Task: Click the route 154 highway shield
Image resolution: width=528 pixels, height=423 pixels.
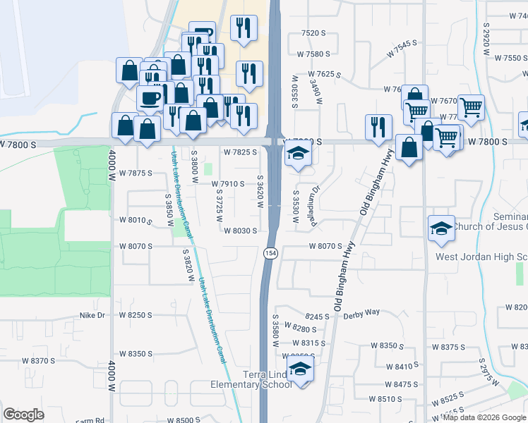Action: click(270, 252)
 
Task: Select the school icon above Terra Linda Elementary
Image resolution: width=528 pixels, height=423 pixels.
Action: click(300, 369)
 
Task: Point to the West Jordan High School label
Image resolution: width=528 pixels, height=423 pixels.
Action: click(481, 257)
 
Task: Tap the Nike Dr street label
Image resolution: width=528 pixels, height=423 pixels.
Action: click(92, 315)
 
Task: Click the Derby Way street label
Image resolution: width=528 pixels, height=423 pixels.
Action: click(361, 312)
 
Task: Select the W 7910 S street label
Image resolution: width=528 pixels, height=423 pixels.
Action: click(228, 184)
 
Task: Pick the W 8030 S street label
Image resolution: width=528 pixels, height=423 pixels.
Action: click(240, 230)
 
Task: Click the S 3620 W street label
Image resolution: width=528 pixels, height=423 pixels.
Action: click(260, 192)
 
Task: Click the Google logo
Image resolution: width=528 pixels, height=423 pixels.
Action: click(23, 414)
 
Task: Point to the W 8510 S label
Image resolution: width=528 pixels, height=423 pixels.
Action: click(386, 398)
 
